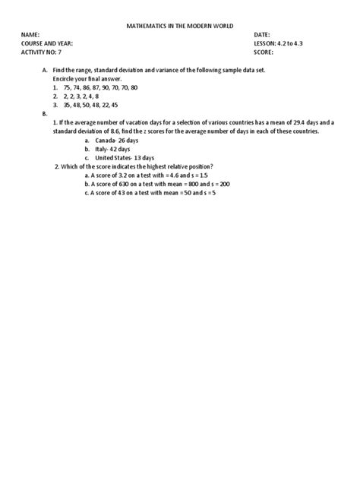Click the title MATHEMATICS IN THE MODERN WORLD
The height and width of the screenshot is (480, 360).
[179, 27]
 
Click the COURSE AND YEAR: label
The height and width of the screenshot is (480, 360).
[46, 44]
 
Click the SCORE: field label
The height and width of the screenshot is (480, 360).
[265, 52]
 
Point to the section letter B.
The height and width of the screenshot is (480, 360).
[44, 113]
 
